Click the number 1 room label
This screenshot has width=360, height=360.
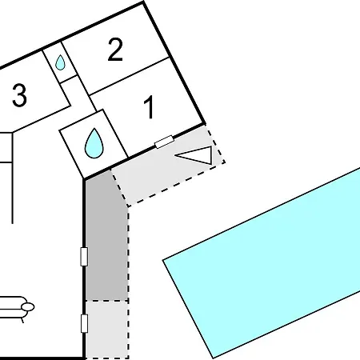(x=149, y=106)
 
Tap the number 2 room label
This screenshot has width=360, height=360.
(x=115, y=50)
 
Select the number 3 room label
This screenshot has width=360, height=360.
(x=20, y=95)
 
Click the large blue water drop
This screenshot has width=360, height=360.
(x=94, y=143)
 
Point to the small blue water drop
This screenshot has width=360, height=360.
(x=60, y=62)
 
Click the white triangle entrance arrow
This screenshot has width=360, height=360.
(x=197, y=154)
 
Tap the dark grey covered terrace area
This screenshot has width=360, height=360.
(x=106, y=238)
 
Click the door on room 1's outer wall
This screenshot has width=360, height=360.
(x=164, y=142)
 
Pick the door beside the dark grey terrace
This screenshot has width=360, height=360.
(x=84, y=257)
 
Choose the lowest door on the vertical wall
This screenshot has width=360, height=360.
(x=84, y=323)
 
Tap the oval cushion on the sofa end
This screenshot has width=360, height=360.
(x=28, y=307)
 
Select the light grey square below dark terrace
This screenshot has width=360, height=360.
(x=106, y=330)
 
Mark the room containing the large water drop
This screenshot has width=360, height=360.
(x=94, y=144)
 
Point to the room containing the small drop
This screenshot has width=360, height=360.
(x=60, y=62)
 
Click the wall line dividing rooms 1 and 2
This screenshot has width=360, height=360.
(x=129, y=76)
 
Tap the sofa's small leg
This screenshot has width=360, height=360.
(x=22, y=321)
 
